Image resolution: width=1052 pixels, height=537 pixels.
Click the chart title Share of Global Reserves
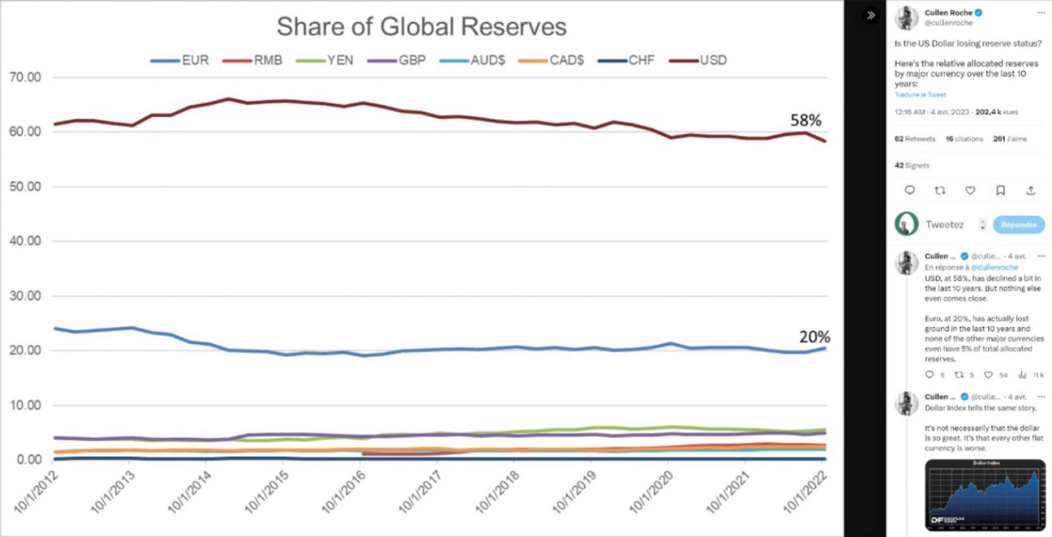pyautogui.click(x=421, y=26)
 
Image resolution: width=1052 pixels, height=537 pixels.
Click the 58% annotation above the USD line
pyautogui.click(x=805, y=120)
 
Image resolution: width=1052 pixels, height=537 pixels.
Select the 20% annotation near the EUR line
pyautogui.click(x=814, y=337)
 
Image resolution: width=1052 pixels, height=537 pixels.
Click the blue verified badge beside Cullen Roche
pyautogui.click(x=978, y=13)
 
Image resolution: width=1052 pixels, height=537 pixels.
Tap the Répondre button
pyautogui.click(x=1018, y=225)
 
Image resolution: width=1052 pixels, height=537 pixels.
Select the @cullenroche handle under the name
pyautogui.click(x=948, y=23)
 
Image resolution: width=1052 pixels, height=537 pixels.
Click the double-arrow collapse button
pyautogui.click(x=871, y=14)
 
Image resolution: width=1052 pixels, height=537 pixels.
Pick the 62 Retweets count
pyautogui.click(x=914, y=139)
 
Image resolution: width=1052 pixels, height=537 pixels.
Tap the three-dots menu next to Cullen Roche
pyautogui.click(x=1041, y=12)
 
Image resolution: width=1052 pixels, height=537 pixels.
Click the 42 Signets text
pyautogui.click(x=912, y=165)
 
